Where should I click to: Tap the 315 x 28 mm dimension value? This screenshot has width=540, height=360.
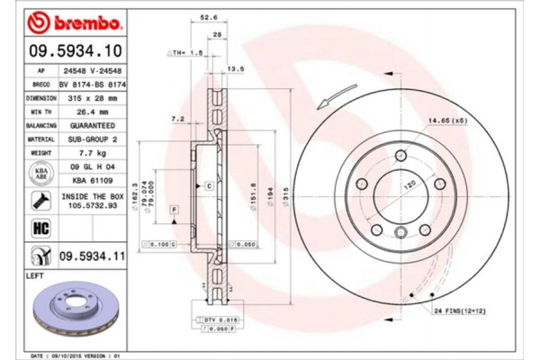[94, 97]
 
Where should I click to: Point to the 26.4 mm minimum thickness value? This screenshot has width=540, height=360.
[94, 111]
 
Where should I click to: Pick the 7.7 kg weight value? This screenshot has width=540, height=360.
[94, 155]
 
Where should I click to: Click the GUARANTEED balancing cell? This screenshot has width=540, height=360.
[94, 126]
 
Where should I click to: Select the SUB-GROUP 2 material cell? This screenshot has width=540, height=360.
[94, 140]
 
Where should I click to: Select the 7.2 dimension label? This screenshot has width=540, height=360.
[177, 119]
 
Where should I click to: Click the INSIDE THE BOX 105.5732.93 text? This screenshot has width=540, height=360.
[86, 200]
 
